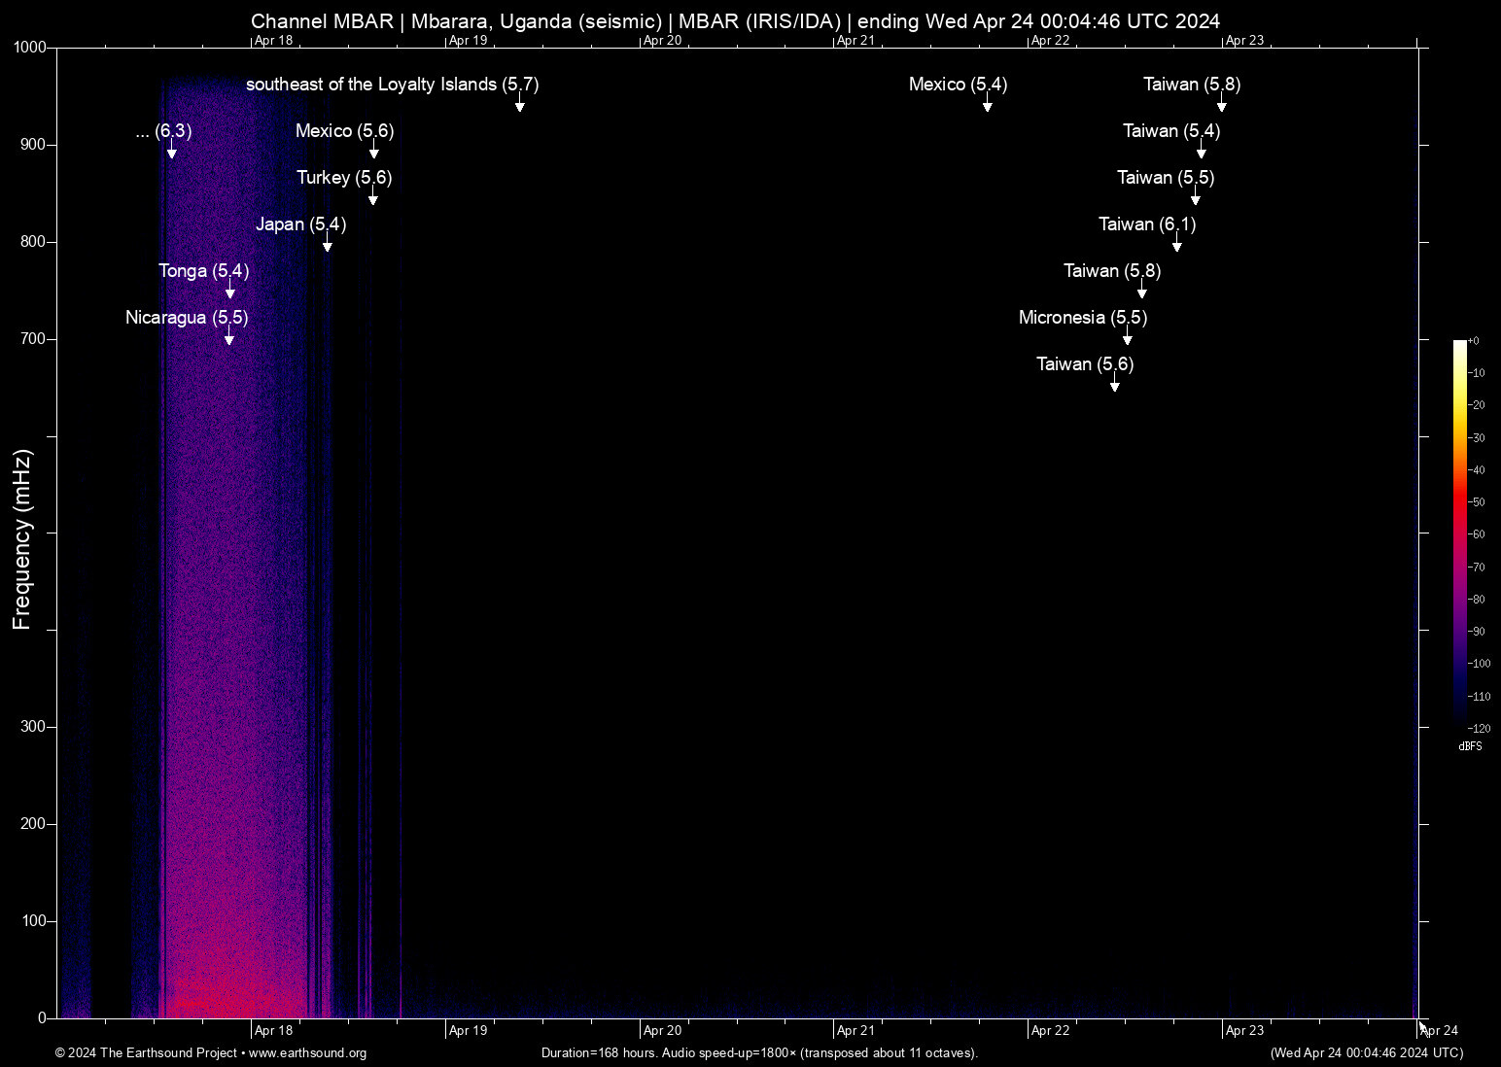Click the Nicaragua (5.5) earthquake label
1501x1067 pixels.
[x=187, y=318]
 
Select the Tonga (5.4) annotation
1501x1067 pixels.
[x=203, y=271]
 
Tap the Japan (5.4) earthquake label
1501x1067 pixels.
[x=300, y=224]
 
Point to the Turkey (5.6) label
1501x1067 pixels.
[x=344, y=178]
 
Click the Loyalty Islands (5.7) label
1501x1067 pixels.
[x=392, y=85]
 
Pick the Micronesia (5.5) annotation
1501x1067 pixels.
[x=1082, y=318]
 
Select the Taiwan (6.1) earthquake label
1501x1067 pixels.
[x=1147, y=224]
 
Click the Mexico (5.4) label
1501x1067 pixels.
[x=958, y=85]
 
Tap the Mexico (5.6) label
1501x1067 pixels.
[x=344, y=131]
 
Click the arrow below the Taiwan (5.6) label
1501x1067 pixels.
[x=1115, y=386]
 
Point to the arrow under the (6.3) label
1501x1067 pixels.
[x=172, y=153]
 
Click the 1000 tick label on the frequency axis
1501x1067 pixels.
[x=30, y=48]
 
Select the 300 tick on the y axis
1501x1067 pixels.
[x=33, y=727]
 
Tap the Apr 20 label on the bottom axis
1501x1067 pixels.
[x=662, y=1031]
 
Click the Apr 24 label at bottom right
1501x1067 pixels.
[x=1439, y=1031]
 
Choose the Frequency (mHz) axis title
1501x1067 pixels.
[x=22, y=539]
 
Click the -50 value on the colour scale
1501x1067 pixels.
[x=1478, y=502]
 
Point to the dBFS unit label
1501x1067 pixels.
[x=1470, y=746]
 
